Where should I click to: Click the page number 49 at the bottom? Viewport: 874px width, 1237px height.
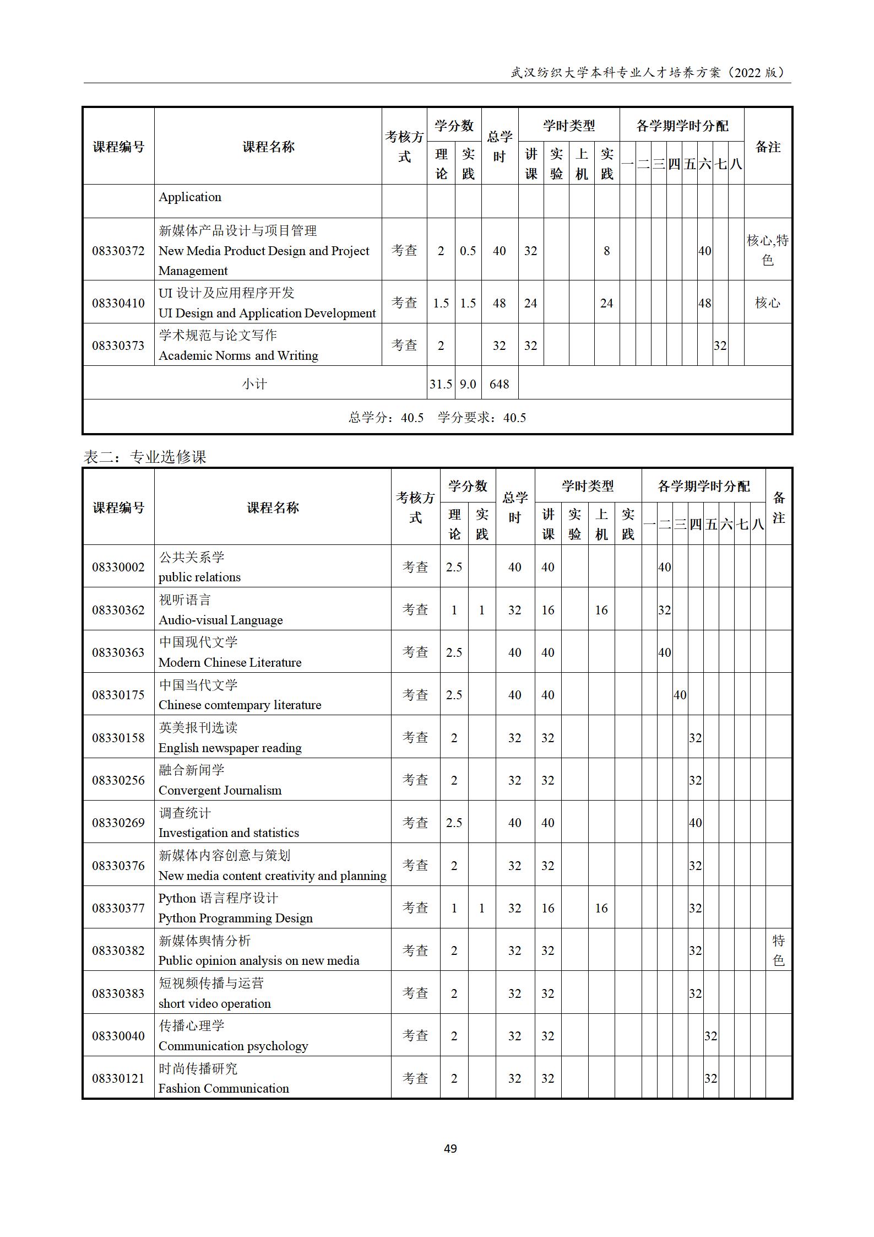pos(450,1148)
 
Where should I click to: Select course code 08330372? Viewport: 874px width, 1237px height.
pos(118,251)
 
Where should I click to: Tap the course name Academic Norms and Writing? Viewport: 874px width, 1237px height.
pos(238,355)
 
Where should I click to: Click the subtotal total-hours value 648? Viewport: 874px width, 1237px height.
pos(499,384)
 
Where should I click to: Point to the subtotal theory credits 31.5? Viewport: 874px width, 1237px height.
pos(441,384)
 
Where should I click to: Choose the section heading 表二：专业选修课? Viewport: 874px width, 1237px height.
pos(145,457)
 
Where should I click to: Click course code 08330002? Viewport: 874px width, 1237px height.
pos(118,567)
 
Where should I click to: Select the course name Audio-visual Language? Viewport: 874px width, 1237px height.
pos(220,620)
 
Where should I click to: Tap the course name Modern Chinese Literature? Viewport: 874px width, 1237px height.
pos(230,662)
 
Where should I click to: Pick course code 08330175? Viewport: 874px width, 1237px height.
pos(118,695)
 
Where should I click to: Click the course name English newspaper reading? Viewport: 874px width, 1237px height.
pos(230,748)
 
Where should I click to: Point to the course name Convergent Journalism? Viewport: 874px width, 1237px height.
pos(220,790)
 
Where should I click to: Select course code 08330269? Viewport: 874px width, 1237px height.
pos(118,823)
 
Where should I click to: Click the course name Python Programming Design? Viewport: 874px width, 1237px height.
pos(235,918)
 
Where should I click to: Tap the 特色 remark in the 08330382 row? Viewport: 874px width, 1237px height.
pos(778,950)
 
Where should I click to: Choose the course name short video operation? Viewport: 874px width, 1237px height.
pos(214,1003)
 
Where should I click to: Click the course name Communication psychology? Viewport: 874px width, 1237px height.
pos(233,1046)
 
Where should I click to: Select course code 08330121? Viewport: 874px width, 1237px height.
pos(118,1078)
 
